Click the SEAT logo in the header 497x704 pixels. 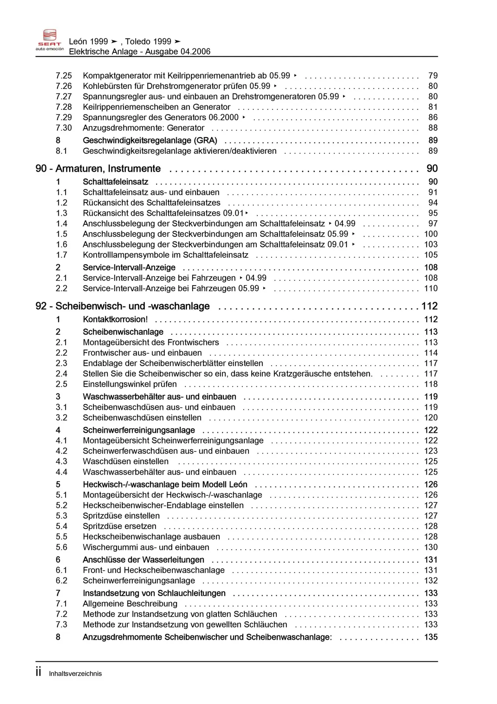(x=50, y=40)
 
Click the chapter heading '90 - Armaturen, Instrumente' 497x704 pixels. (x=98, y=169)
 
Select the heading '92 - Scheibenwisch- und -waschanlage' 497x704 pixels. (x=123, y=306)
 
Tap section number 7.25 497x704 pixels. (x=64, y=76)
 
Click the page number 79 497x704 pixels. (x=433, y=76)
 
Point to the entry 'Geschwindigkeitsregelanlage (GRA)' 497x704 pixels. (x=150, y=140)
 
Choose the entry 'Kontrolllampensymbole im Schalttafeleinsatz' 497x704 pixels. (x=166, y=255)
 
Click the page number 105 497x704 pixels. (x=431, y=255)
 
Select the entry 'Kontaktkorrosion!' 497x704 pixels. (x=115, y=319)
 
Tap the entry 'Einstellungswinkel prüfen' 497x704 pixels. (x=130, y=384)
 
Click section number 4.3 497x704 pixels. (x=62, y=462)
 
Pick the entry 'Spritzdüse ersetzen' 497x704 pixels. (x=119, y=527)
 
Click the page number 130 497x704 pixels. (x=431, y=547)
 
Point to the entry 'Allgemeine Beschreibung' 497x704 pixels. (x=130, y=604)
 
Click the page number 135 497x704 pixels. (x=431, y=637)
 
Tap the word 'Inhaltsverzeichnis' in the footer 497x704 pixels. (x=75, y=674)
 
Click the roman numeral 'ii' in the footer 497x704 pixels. (x=38, y=672)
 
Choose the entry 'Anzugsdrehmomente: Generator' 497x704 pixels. (x=144, y=128)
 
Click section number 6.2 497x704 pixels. (x=62, y=581)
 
